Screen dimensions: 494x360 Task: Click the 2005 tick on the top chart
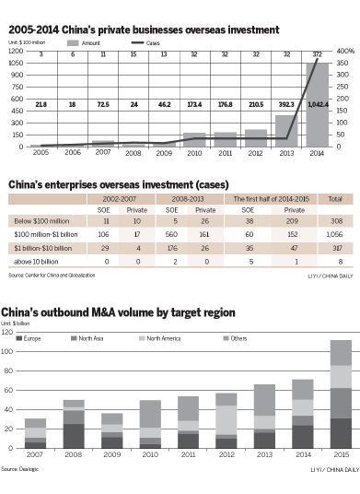tap(41, 154)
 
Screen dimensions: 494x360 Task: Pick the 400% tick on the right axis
tap(345, 51)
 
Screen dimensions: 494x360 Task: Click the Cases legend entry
tap(180, 43)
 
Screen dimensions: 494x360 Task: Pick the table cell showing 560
tap(169, 235)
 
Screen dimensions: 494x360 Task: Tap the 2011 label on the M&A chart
tap(189, 455)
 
